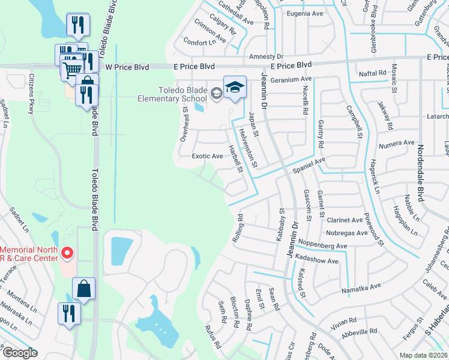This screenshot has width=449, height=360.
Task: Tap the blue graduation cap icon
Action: [x=235, y=87]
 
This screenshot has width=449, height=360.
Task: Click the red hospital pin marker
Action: [x=67, y=254]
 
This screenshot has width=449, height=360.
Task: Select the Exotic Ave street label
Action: [x=207, y=156]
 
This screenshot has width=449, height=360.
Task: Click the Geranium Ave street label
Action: [x=291, y=79]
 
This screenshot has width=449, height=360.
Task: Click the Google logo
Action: [x=19, y=353]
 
